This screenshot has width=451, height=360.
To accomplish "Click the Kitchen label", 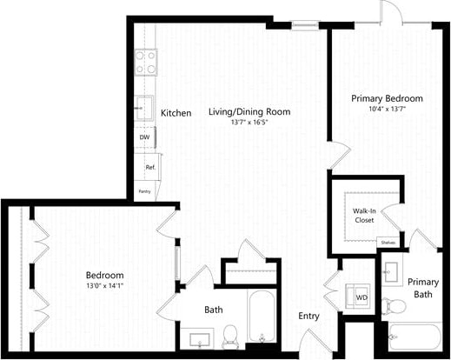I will coord(176,113).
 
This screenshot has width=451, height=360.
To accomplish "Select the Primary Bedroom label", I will coord(386,98).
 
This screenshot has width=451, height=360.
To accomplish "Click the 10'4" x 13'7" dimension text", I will coord(386,110).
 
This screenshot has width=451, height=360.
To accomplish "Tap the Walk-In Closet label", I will coord(364,215).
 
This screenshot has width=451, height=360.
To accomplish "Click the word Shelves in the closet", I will coord(388,243).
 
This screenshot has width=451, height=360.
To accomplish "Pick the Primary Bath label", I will coord(423,288).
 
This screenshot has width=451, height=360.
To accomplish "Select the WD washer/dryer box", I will coord(361,297).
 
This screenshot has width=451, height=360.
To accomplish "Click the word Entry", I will coord(309,317).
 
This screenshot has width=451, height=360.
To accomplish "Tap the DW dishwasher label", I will coord(144,137).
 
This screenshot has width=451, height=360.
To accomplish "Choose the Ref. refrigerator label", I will coord(149,167).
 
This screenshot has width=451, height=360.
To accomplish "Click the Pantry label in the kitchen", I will coord(144,191).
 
